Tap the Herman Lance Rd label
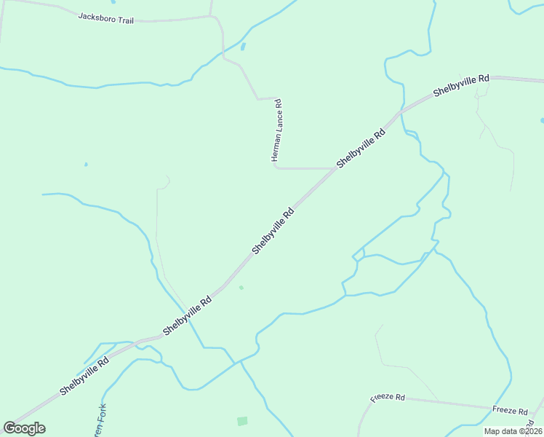point(276,130)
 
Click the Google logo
point(24,428)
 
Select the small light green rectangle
point(242,421)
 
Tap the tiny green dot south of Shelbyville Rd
point(241,287)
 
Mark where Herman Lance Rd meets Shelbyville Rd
point(336,168)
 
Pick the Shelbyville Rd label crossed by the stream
point(187,315)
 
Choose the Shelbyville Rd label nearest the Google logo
point(84,375)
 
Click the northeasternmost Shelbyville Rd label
point(462,85)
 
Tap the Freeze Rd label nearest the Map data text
point(509,411)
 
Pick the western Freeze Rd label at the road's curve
point(387,398)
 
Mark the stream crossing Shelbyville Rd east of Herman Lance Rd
point(401,112)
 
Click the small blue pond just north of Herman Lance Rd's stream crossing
point(243,47)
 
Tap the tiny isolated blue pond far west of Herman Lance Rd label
point(86,165)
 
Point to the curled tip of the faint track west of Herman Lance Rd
point(168,178)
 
